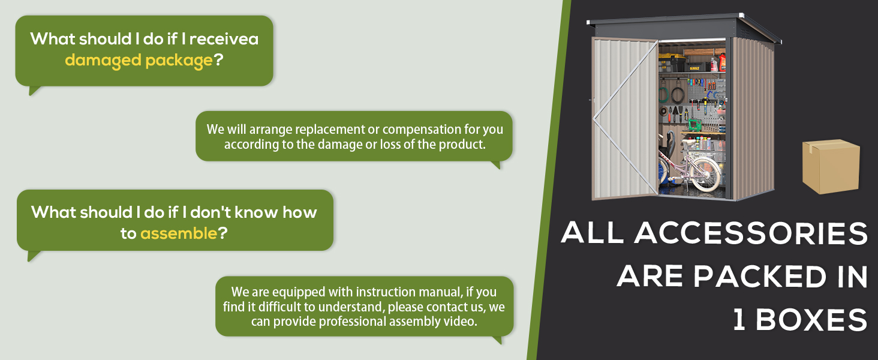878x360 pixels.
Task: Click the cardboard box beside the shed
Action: pos(831,166)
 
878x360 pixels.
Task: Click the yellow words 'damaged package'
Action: pos(139,61)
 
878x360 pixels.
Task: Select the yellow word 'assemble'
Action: pos(178,234)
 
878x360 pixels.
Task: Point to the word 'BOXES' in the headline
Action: pos(811,320)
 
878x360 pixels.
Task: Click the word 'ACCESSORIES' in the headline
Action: pos(751,233)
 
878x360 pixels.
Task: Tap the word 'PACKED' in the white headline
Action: pos(760,277)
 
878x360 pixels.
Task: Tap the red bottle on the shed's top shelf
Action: pos(722,63)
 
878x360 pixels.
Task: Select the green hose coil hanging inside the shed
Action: pos(663,95)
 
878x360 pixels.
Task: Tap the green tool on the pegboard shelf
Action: pos(694,125)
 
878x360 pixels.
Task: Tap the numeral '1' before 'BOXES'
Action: pos(739,320)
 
